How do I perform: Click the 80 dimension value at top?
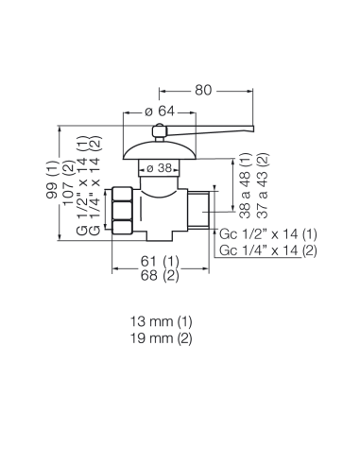coord(203,90)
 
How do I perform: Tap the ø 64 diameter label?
coord(160,112)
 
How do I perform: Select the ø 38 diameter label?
coord(160,168)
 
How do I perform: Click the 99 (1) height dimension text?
coord(52,180)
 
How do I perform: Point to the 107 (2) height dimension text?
coord(69,185)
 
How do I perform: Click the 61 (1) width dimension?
coord(160,261)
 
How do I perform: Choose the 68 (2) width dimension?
coord(160,276)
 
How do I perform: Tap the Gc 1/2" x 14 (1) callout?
coord(268,234)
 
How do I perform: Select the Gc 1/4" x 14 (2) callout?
coord(268,250)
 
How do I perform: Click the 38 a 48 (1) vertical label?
coord(246,185)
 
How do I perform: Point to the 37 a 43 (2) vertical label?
coord(263,185)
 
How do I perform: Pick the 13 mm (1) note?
coord(161,321)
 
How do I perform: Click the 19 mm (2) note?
coord(161,338)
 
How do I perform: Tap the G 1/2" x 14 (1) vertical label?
coord(82,185)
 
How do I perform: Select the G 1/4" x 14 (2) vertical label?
coord(95,185)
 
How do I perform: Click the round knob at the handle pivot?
coord(159,131)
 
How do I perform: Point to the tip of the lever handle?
coord(253,129)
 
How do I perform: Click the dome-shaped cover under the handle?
coord(160,150)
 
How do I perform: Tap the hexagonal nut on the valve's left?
coord(122,211)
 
